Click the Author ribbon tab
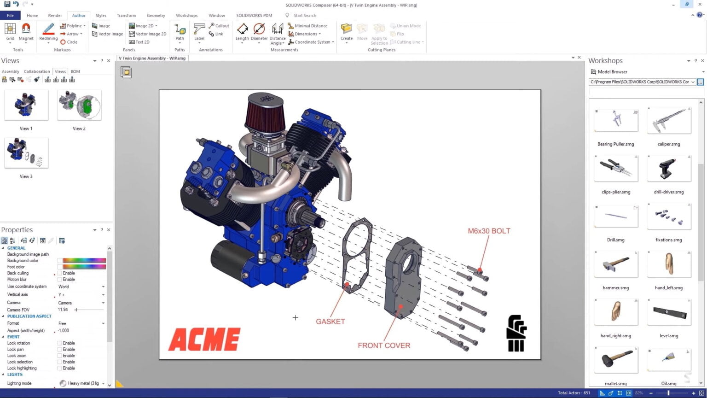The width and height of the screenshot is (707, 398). click(79, 15)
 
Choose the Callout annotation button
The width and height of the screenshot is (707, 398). click(219, 26)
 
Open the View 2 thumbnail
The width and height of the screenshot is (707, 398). click(79, 105)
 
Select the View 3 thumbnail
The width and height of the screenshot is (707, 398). click(26, 153)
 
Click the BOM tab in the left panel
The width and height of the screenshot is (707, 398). click(75, 71)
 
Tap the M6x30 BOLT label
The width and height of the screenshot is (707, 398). click(489, 231)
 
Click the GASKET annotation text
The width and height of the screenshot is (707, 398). click(330, 322)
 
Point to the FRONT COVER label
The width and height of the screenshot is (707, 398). click(384, 345)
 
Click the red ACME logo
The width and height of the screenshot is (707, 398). click(204, 339)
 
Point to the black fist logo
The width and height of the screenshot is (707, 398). click(516, 333)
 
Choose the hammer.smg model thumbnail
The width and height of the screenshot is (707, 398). click(616, 264)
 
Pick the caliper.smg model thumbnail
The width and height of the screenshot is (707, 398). click(669, 120)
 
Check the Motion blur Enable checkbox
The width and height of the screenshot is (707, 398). click(60, 279)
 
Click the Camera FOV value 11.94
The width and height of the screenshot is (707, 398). click(63, 310)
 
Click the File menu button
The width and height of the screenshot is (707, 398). click(10, 15)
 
